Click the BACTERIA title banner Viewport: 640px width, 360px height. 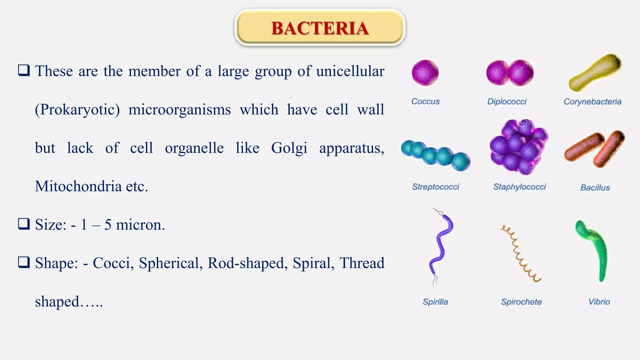click(320, 28)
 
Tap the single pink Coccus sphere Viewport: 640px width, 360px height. click(425, 73)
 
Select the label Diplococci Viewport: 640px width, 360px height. click(507, 102)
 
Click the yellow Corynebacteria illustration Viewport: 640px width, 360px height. click(595, 72)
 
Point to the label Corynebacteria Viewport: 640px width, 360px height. click(592, 102)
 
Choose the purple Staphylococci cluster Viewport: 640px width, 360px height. click(519, 147)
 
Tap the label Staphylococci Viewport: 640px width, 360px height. click(519, 187)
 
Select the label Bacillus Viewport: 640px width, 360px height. click(595, 187)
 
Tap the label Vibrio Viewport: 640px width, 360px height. click(599, 302)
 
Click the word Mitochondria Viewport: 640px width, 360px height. click(78, 187)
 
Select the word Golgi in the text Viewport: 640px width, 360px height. click(289, 148)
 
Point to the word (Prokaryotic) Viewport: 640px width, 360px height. click(77, 110)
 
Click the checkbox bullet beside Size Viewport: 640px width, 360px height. click(24, 224)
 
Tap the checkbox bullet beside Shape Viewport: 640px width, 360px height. click(24, 262)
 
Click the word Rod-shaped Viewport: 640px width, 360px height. click(247, 263)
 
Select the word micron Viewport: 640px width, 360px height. click(140, 225)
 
